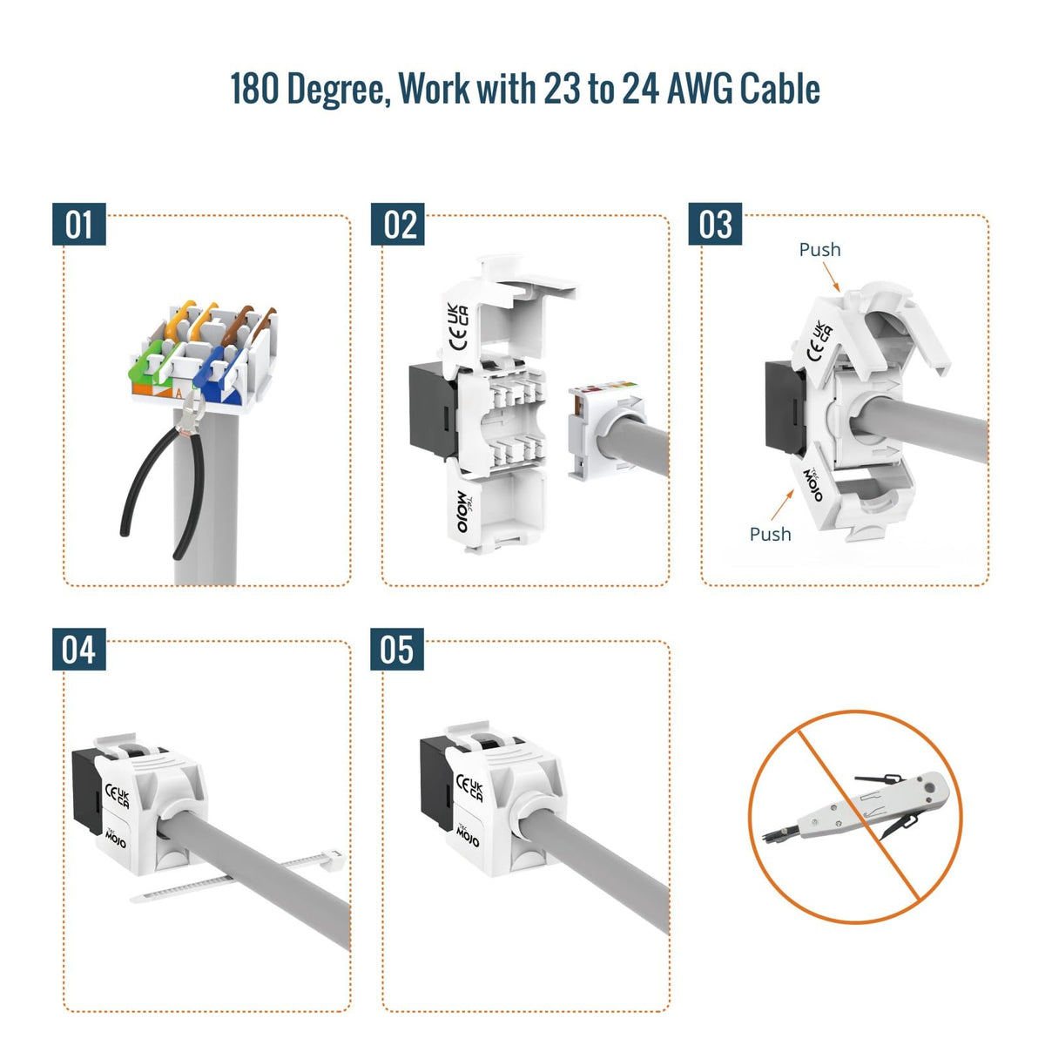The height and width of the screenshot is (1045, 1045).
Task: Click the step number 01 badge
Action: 79,224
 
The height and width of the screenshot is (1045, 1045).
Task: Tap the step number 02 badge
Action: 397,224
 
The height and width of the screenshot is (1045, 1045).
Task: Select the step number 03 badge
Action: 715,224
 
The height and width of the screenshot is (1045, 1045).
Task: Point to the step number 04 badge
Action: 79,649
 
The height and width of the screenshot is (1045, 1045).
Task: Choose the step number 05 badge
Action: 397,649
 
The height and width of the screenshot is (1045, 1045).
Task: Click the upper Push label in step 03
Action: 819,249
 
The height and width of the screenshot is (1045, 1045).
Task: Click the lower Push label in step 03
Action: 770,534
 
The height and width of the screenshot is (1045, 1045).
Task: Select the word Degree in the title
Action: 339,90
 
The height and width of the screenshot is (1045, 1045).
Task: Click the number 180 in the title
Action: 254,89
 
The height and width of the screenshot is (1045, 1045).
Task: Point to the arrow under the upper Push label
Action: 832,277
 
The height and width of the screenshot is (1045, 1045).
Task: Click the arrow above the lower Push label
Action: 782,504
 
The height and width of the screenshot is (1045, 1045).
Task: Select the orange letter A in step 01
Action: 179,393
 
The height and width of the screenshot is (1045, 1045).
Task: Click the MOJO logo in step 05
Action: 467,836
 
